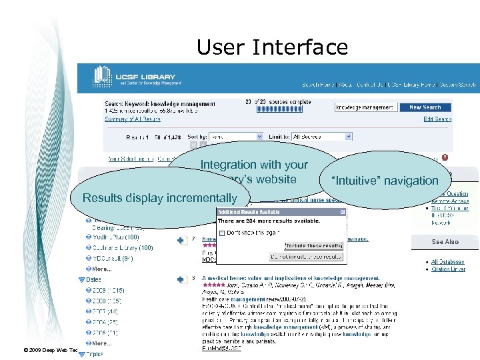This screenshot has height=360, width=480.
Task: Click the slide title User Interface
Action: (272, 47)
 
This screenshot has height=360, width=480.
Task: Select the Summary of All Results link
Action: (133, 119)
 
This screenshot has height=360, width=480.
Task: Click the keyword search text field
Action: (364, 107)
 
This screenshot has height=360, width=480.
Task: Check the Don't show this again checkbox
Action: (222, 232)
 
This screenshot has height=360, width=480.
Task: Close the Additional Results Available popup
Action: (343, 212)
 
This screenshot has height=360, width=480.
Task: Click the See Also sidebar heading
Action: (445, 242)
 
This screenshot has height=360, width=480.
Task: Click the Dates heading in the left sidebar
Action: (93, 280)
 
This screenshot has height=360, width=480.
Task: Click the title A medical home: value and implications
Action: (291, 278)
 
